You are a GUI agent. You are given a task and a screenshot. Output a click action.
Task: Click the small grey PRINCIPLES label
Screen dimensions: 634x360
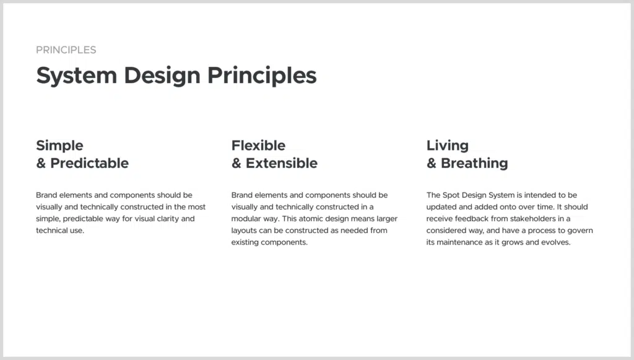(66, 50)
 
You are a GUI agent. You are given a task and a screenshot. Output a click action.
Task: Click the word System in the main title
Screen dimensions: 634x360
(77, 76)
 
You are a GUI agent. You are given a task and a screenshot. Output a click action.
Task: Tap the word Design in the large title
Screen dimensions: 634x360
(162, 76)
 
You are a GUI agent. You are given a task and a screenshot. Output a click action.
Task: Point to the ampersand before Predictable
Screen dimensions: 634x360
(41, 163)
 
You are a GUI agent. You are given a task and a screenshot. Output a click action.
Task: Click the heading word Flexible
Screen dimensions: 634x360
(258, 145)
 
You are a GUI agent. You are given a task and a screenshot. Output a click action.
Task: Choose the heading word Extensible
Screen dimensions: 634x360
(282, 163)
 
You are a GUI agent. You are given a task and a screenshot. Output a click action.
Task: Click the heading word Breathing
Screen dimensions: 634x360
(474, 164)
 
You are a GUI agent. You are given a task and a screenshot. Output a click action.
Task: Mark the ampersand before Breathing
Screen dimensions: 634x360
(432, 163)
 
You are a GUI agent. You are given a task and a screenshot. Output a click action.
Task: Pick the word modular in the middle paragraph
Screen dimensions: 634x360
(243, 219)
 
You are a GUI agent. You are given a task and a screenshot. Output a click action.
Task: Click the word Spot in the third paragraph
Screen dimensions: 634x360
(451, 195)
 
